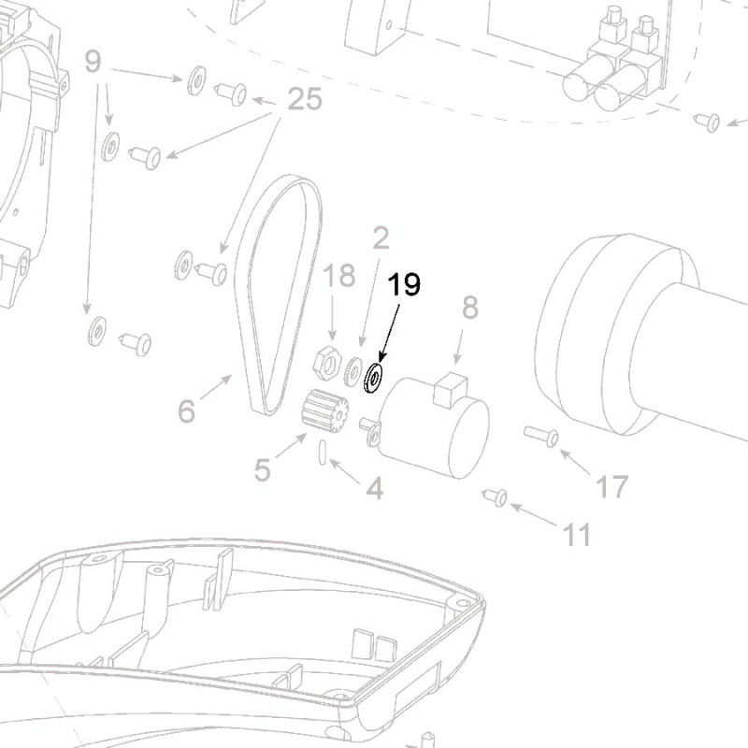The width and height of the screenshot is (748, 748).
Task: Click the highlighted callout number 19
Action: [405, 284]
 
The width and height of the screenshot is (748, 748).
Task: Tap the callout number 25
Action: [305, 98]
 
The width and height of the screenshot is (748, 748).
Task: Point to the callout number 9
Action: [92, 62]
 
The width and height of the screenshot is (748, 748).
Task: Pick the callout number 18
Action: [339, 276]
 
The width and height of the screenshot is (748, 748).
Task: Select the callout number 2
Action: [380, 238]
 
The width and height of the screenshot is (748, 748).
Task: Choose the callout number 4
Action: [374, 487]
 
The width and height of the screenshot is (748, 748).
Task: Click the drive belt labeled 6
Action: [278, 290]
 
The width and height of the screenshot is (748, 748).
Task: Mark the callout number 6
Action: [187, 410]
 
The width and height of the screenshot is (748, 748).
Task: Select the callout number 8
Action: [469, 307]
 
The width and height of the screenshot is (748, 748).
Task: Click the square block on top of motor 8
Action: [450, 387]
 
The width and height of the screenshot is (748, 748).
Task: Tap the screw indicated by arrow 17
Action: [541, 435]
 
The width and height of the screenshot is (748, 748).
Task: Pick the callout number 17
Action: [611, 486]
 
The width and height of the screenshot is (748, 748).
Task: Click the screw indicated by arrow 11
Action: [495, 496]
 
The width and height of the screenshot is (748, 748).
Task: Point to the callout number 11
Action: [577, 534]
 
